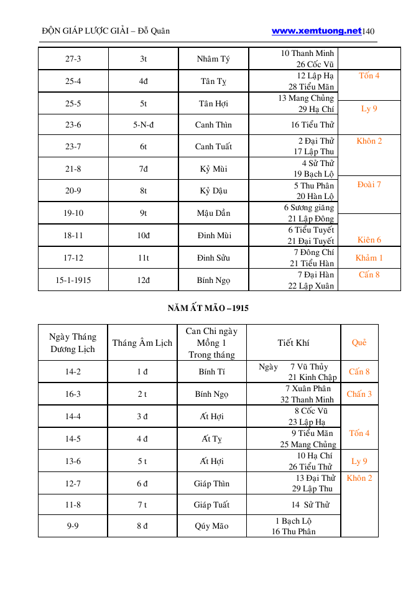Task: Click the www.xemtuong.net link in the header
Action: [x=317, y=30]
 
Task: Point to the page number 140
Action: [x=368, y=31]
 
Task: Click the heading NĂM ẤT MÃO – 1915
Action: [x=208, y=308]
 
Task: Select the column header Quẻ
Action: [x=359, y=343]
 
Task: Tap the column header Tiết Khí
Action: [x=294, y=343]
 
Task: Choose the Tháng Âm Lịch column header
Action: [x=142, y=343]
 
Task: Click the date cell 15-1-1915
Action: [x=73, y=280]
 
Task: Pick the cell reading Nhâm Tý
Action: [x=213, y=59]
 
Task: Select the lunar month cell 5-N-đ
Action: [x=144, y=124]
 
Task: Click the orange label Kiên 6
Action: [x=369, y=240]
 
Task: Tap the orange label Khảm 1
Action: [x=369, y=257]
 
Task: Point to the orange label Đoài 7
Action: [x=369, y=185]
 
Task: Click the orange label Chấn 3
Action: [x=359, y=394]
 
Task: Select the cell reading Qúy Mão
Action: [x=211, y=526]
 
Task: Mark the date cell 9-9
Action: [x=73, y=526]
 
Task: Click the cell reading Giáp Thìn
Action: [x=211, y=483]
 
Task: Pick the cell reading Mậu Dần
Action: [x=213, y=213]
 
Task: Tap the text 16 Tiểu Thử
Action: [x=313, y=124]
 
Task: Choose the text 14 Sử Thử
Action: [x=310, y=505]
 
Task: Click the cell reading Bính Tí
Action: [x=211, y=371]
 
